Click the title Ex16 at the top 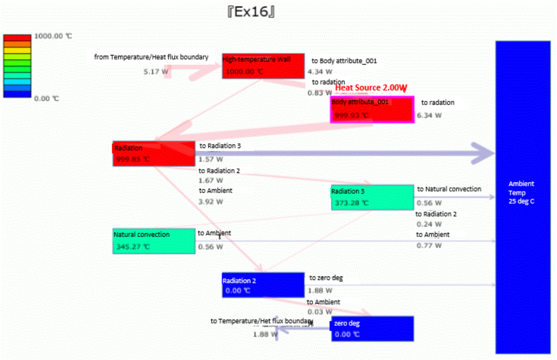pos(251,12)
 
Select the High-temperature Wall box pos(263,66)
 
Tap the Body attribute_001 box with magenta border pos(372,109)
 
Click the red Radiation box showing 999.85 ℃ pos(153,154)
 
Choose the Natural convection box pos(154,241)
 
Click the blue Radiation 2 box pos(263,285)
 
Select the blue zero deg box pos(372,329)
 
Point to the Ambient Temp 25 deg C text pos(521,193)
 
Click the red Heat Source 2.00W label pos(372,88)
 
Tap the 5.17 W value pos(156,72)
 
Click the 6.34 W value pos(429,115)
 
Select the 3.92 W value pos(211,201)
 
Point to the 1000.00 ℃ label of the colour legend pos(53,36)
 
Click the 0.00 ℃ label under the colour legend pos(47,99)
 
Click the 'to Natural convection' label pos(449,189)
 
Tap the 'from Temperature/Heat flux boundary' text pos(151,57)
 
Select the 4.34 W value pos(320,72)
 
